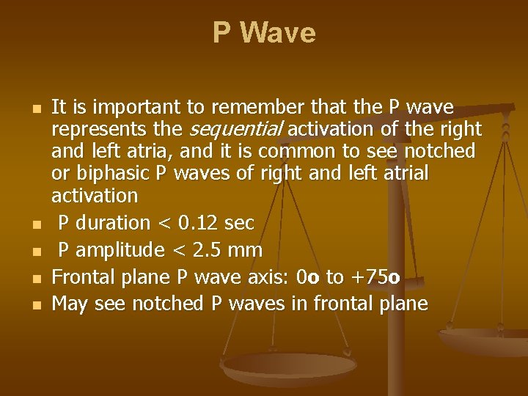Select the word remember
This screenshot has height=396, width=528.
click(x=250, y=109)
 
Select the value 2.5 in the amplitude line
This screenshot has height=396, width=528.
click(x=208, y=251)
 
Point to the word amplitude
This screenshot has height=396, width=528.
click(x=121, y=251)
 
